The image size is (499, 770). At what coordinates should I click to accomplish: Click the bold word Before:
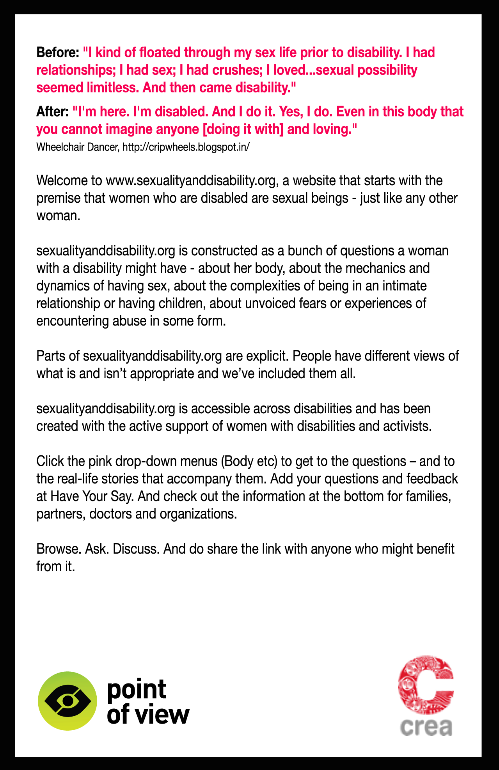[x=58, y=53]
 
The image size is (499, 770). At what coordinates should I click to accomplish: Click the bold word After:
[x=52, y=112]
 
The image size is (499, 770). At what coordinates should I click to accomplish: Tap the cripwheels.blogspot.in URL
[x=186, y=147]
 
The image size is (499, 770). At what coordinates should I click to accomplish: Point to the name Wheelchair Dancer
[x=78, y=147]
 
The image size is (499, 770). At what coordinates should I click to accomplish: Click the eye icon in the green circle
[x=67, y=701]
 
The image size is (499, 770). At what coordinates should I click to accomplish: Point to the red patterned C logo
[x=426, y=685]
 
